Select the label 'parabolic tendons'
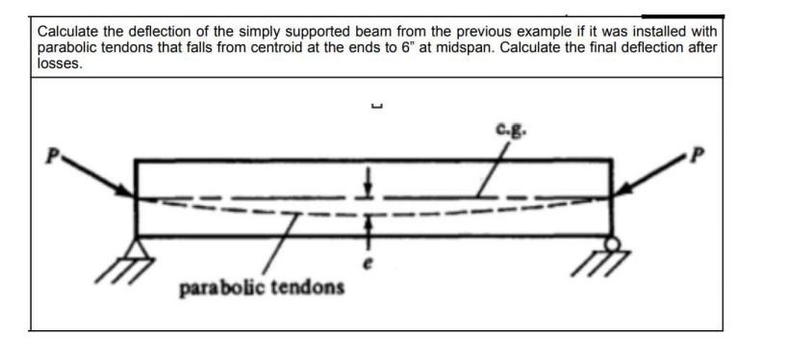point(261,287)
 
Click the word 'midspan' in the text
point(453,47)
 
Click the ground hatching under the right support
point(612,261)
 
